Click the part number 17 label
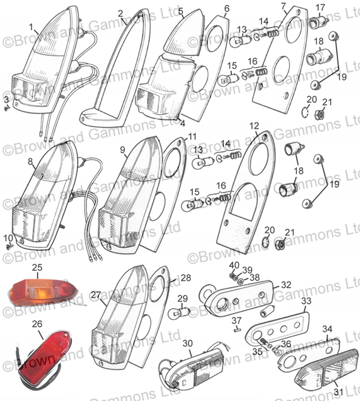(320, 8)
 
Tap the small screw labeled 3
(7, 109)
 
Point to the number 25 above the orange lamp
(37, 268)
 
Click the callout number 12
(254, 126)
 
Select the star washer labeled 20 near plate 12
(266, 241)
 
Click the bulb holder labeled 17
(319, 23)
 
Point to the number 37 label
(236, 321)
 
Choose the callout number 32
(286, 285)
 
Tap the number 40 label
(234, 265)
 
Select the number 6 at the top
(227, 8)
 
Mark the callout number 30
(187, 343)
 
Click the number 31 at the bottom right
(338, 393)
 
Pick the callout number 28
(185, 278)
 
